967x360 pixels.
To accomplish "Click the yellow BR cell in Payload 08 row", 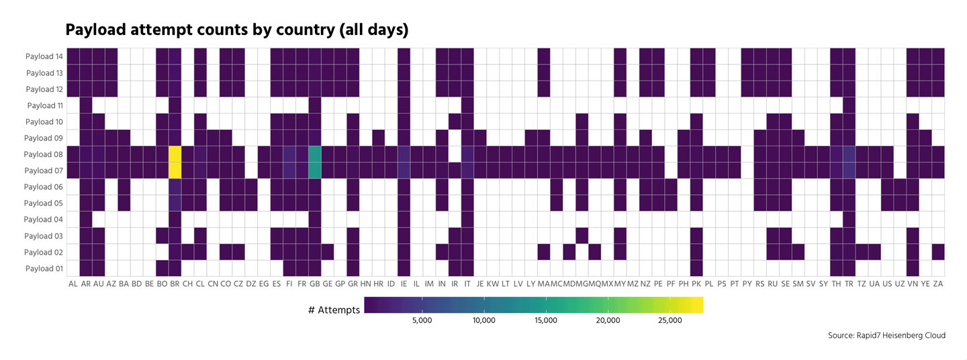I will tap(175, 154).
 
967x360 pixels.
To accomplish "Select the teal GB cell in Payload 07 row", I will tap(314, 170).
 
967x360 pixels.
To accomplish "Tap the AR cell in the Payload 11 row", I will tap(86, 105).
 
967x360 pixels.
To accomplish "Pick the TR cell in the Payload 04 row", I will tap(849, 219).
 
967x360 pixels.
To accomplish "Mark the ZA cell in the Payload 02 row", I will tap(938, 252).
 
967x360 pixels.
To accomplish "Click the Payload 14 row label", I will tap(44, 56).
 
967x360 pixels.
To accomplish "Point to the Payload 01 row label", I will tap(44, 269).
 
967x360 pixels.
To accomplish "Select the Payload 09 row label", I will tap(44, 138).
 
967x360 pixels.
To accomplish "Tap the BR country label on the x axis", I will tap(175, 284).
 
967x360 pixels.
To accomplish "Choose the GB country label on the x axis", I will tap(314, 284).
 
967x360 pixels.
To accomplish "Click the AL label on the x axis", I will tap(73, 284).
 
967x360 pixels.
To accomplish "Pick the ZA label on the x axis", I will tap(938, 284).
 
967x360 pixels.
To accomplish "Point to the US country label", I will tap(887, 284).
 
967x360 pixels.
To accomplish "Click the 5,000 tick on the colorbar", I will tap(421, 321).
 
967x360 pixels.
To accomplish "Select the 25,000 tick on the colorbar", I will tap(670, 321).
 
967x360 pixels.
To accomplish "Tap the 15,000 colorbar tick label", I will tap(545, 321).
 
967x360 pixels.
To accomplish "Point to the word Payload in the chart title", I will tap(94, 30).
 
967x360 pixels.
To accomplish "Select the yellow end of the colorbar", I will tap(698, 305).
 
